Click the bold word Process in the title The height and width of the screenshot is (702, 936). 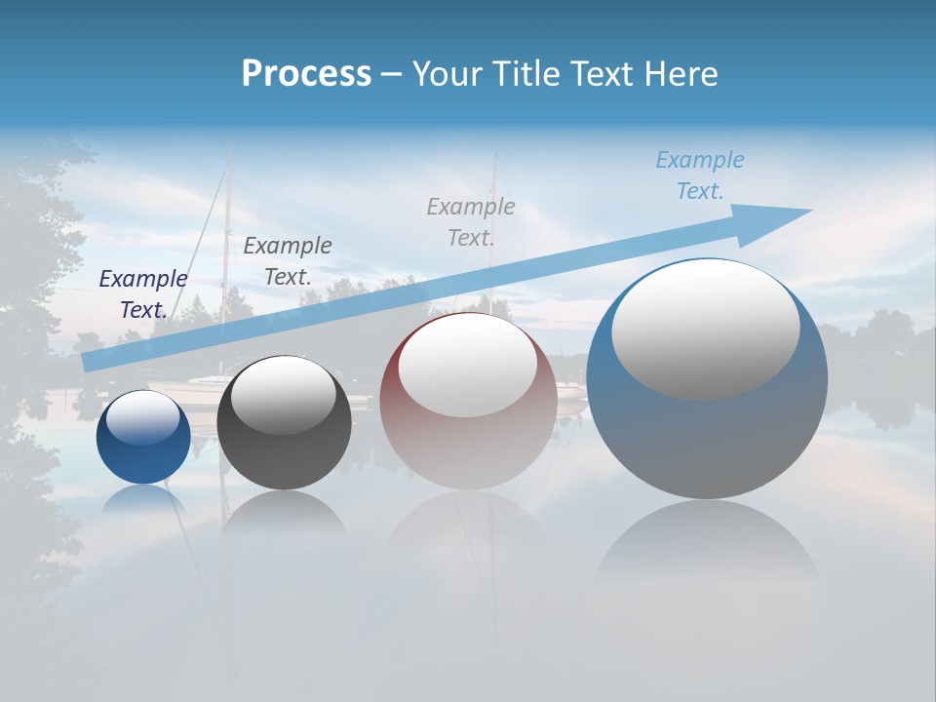coord(306,74)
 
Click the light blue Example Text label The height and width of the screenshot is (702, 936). coord(700,175)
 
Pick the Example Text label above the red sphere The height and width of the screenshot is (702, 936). coord(471,222)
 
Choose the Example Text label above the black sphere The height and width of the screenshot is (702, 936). coord(288,261)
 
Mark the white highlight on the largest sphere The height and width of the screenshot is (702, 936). coord(705,330)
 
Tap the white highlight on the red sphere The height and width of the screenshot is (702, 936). coord(467,366)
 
